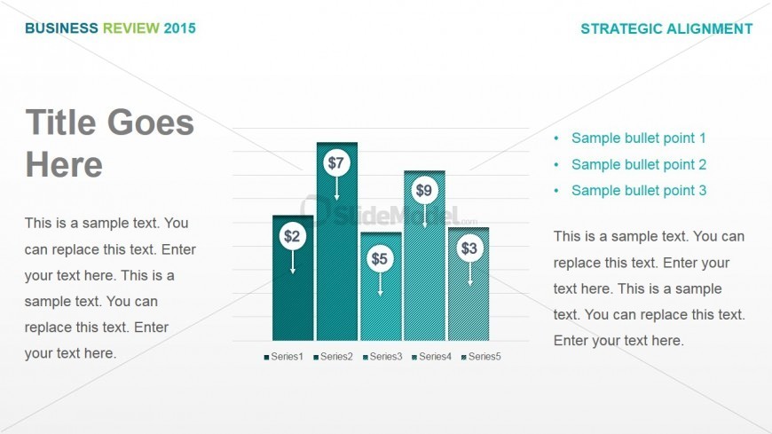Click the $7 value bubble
(x=336, y=163)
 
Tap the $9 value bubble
(x=424, y=191)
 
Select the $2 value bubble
(x=293, y=236)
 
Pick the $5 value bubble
(x=380, y=258)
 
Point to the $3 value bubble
(x=469, y=249)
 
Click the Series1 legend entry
(x=284, y=357)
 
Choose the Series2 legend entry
(x=334, y=357)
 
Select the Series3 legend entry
(x=382, y=357)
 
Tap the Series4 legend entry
(x=432, y=357)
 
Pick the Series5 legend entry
(x=481, y=357)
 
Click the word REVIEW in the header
(x=131, y=28)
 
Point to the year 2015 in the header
(x=180, y=28)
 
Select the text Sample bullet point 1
(x=639, y=138)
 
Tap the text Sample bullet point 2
(x=639, y=164)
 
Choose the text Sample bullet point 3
(x=639, y=191)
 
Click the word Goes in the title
(x=151, y=122)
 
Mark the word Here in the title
(x=64, y=164)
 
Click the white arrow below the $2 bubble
(x=293, y=262)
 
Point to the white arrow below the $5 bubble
(x=380, y=284)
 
